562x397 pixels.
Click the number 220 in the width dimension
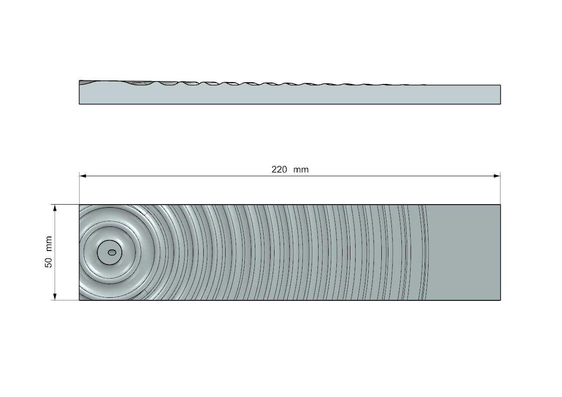tap(279, 170)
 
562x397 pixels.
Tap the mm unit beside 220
tap(301, 170)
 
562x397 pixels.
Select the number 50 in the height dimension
tap(48, 262)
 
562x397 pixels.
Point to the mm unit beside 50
tap(48, 243)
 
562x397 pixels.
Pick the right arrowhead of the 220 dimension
tap(497, 176)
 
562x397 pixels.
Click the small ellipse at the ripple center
tap(112, 252)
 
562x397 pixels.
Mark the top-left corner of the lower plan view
tap(79, 205)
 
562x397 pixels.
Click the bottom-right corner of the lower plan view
tap(500, 300)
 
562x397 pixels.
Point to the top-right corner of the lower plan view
tap(500, 205)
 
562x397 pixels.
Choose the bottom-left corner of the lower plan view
tap(79, 300)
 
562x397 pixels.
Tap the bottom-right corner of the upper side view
tap(500, 104)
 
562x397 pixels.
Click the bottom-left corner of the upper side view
tap(79, 104)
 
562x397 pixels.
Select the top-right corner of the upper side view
tap(500, 85)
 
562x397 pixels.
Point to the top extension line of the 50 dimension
tap(65, 204)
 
